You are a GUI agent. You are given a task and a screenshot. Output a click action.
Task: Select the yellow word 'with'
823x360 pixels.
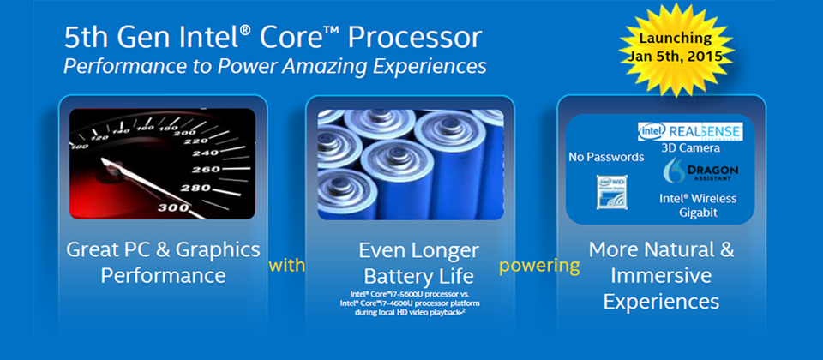[x=286, y=266]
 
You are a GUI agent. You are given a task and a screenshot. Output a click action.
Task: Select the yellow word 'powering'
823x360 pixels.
[x=539, y=266]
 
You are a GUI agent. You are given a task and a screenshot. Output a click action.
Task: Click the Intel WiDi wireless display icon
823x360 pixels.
[x=610, y=192]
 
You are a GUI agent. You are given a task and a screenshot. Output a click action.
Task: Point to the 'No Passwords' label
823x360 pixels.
[x=606, y=157]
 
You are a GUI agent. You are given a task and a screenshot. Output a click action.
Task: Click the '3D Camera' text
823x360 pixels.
[x=690, y=148]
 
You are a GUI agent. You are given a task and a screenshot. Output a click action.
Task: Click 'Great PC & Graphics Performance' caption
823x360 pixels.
[x=163, y=262]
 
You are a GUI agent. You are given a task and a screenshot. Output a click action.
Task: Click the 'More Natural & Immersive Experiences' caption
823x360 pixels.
[x=661, y=275]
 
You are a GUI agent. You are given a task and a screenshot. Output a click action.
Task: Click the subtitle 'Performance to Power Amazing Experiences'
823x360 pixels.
[x=275, y=66]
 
